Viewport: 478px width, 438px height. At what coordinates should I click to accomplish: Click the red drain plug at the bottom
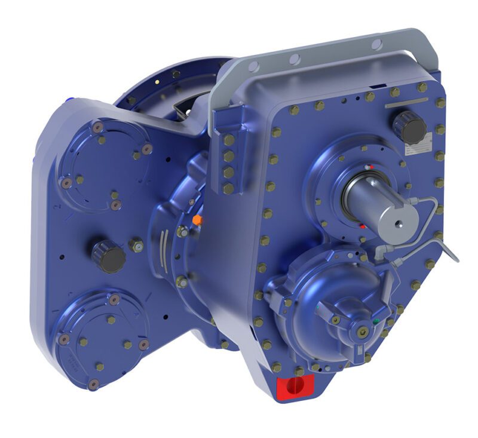click(x=293, y=386)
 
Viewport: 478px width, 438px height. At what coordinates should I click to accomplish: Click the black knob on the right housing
click(x=409, y=127)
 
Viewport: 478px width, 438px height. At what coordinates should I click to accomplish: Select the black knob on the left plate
click(x=109, y=256)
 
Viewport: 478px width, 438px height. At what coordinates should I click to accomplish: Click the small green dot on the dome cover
click(x=375, y=321)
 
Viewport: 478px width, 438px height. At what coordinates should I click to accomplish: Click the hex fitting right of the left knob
click(x=137, y=244)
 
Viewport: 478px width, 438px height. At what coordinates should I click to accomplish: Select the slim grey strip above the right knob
click(x=407, y=103)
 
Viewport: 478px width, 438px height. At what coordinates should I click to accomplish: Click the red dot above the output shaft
click(x=369, y=167)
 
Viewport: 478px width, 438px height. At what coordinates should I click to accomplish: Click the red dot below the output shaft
click(x=363, y=226)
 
